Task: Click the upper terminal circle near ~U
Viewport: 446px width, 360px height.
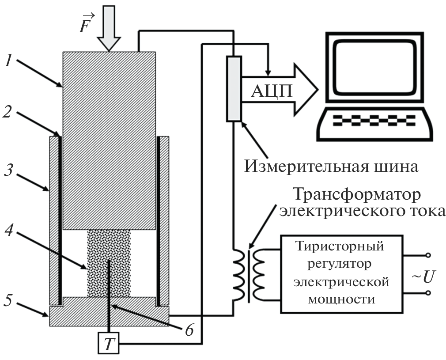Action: (x=427, y=255)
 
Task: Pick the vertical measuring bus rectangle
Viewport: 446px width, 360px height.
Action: (x=234, y=88)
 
